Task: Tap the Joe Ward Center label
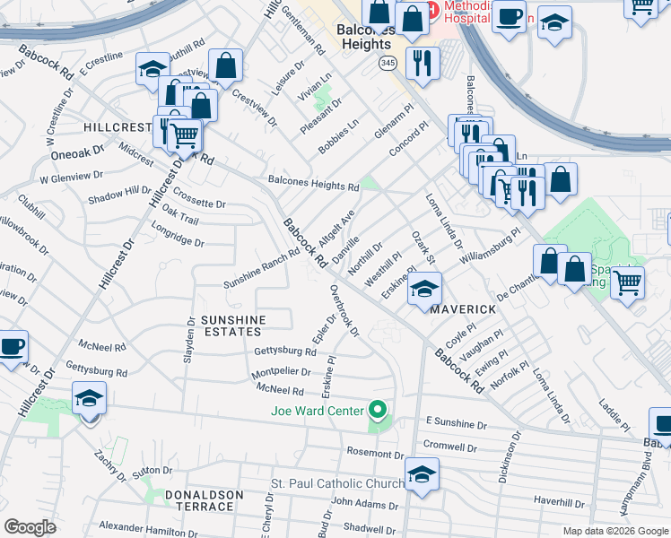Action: coord(318,412)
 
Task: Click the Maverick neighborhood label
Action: coord(462,308)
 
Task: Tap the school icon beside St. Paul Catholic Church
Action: coord(422,475)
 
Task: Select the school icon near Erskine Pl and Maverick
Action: coord(425,290)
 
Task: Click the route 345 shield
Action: coord(388,63)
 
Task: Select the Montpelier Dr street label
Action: coord(282,371)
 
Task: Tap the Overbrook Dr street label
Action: coord(344,311)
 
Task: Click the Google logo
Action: coord(30,527)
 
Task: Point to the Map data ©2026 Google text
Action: coord(614,531)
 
